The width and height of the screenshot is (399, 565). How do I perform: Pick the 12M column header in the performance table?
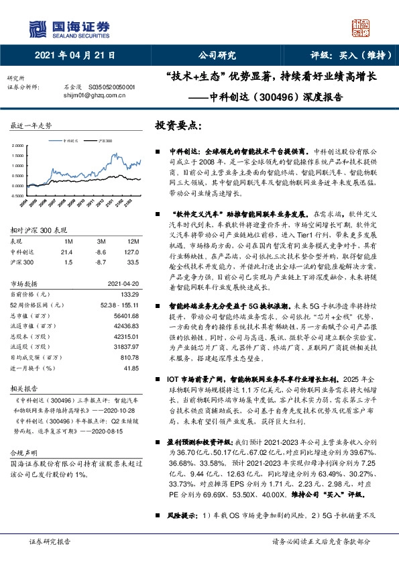coord(133,240)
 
